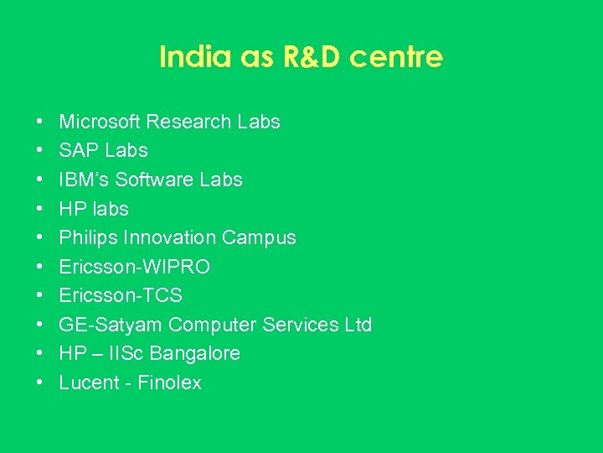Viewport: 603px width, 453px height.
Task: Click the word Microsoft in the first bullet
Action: [100, 122]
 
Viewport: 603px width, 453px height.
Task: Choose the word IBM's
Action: [84, 180]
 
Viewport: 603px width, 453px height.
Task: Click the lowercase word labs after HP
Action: [110, 209]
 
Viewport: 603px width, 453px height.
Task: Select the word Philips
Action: [88, 237]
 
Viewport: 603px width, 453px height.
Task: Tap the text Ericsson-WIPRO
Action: [135, 267]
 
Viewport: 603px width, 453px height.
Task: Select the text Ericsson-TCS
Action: [121, 295]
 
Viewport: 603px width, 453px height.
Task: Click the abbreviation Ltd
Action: [358, 325]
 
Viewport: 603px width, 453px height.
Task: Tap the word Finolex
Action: [169, 383]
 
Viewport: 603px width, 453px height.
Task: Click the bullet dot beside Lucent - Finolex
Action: [40, 383]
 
